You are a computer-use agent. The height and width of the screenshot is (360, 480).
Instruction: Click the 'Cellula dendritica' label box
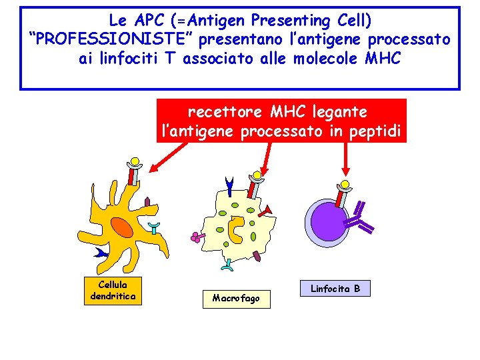(x=112, y=291)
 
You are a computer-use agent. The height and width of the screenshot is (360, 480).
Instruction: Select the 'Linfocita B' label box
(x=335, y=288)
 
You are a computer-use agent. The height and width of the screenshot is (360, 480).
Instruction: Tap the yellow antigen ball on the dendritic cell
(x=135, y=162)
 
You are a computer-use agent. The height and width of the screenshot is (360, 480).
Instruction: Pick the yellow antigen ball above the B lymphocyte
(x=345, y=185)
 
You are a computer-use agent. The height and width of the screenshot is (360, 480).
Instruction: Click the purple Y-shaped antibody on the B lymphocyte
(x=362, y=219)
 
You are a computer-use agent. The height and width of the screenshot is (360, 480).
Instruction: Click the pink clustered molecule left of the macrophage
(x=195, y=236)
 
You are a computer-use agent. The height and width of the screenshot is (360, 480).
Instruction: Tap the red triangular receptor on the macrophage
(x=267, y=211)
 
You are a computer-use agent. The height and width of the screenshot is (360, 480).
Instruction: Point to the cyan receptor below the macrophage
(x=227, y=265)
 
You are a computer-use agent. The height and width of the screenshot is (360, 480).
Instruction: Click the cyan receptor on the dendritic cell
(x=154, y=229)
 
